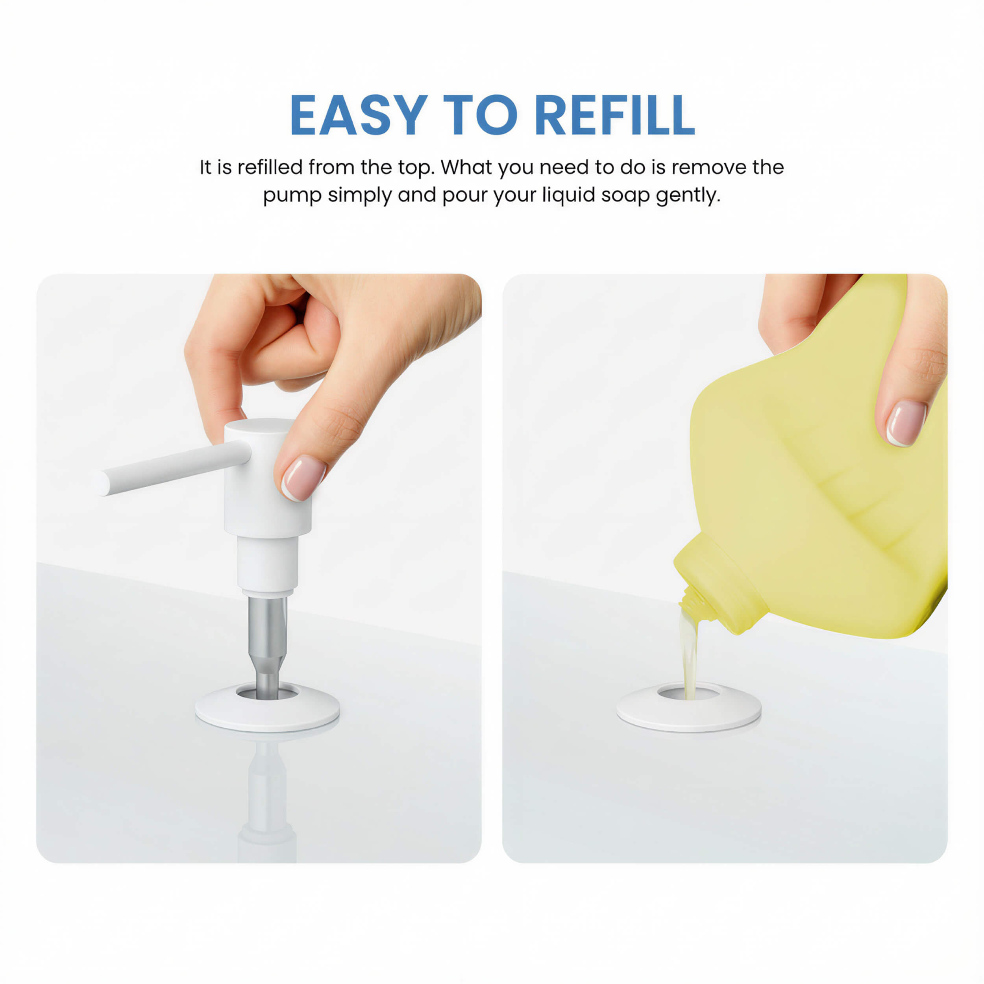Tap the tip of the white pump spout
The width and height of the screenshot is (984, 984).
point(104,483)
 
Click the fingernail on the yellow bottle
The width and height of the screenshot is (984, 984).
point(906,423)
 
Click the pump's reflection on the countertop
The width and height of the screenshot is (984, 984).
point(267,795)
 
